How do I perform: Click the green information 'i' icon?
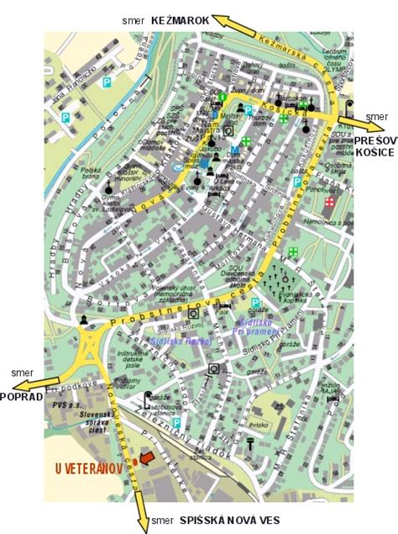point(223,97)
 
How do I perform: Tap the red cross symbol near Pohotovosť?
point(328,202)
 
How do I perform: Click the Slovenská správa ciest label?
point(90,423)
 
